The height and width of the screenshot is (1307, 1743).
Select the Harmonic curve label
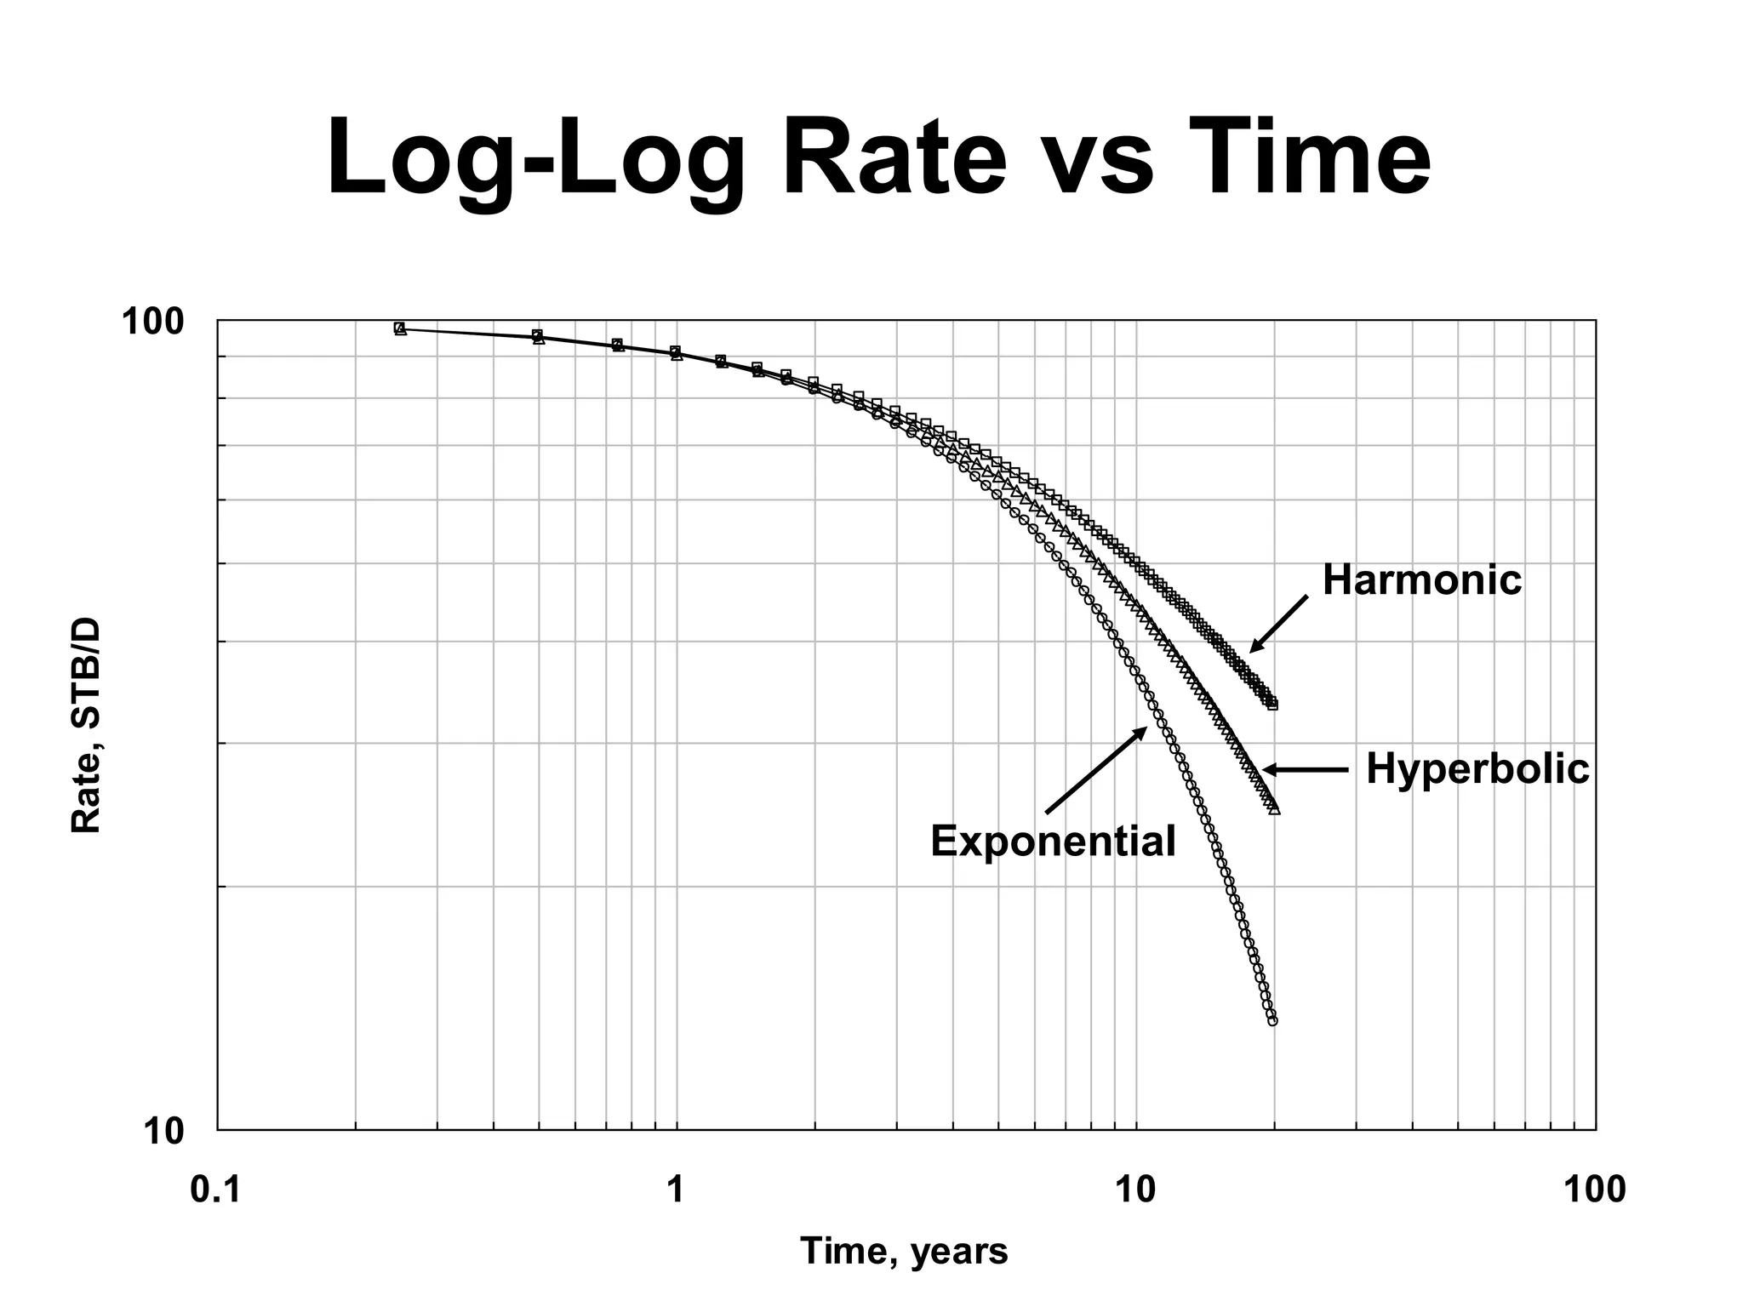click(1421, 581)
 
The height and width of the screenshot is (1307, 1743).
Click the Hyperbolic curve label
click(1477, 769)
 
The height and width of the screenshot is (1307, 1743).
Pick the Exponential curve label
click(1053, 842)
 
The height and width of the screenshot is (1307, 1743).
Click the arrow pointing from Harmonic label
click(1278, 624)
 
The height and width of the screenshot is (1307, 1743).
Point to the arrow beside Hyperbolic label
click(1306, 770)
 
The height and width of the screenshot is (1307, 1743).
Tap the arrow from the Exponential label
click(1096, 770)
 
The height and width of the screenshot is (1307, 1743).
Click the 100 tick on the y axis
click(153, 322)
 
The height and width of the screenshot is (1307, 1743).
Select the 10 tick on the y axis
click(163, 1133)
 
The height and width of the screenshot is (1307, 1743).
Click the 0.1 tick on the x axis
click(217, 1190)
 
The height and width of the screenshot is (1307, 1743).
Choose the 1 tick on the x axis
click(677, 1190)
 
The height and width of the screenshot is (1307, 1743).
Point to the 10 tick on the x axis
click(1135, 1190)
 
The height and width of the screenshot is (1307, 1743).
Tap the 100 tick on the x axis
click(1594, 1190)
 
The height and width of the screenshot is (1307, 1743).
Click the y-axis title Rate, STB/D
click(86, 726)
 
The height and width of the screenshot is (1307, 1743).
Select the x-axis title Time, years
click(904, 1252)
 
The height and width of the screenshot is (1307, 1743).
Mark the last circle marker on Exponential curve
click(1272, 1020)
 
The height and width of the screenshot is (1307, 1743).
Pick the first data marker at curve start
click(400, 328)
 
